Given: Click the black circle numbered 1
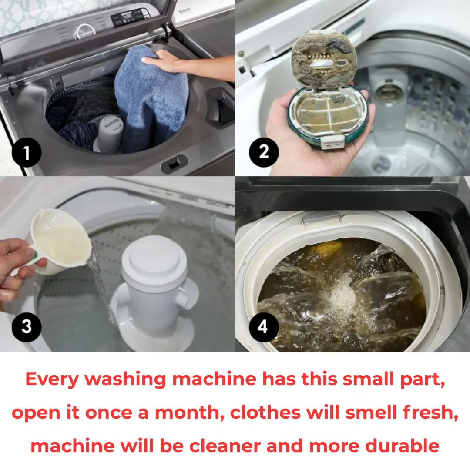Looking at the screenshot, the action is pyautogui.click(x=27, y=152).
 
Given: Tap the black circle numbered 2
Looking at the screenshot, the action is pyautogui.click(x=264, y=152).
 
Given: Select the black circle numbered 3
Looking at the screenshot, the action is pyautogui.click(x=27, y=327).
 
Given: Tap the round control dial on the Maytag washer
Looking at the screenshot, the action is pyautogui.click(x=84, y=31).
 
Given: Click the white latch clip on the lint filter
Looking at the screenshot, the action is pyautogui.click(x=332, y=142).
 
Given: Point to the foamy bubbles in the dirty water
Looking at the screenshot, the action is pyautogui.click(x=342, y=292).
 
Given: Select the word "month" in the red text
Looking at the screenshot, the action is pyautogui.click(x=189, y=413).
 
